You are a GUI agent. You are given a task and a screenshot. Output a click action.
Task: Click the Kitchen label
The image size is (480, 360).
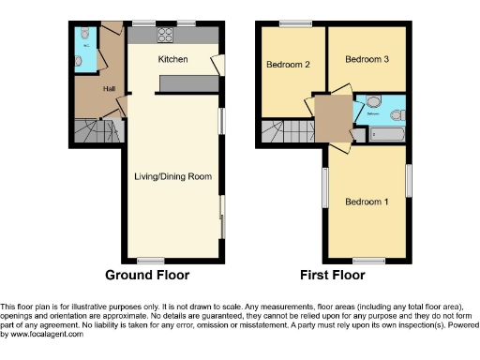point(172,60)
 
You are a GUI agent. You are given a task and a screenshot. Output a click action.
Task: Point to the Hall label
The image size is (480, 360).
point(109,88)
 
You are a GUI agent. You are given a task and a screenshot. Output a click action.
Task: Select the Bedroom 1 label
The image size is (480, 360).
point(367,202)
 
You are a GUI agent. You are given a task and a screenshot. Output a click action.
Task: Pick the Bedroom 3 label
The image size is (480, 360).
point(367,59)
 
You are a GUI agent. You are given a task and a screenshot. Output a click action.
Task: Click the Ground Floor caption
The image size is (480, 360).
point(147,276)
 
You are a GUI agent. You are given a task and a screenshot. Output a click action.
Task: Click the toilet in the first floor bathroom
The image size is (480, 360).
point(397,114)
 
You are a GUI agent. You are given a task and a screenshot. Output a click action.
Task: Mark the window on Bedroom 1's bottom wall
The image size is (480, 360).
point(367,260)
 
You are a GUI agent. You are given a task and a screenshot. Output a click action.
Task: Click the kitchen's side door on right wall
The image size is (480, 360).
point(218,64)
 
